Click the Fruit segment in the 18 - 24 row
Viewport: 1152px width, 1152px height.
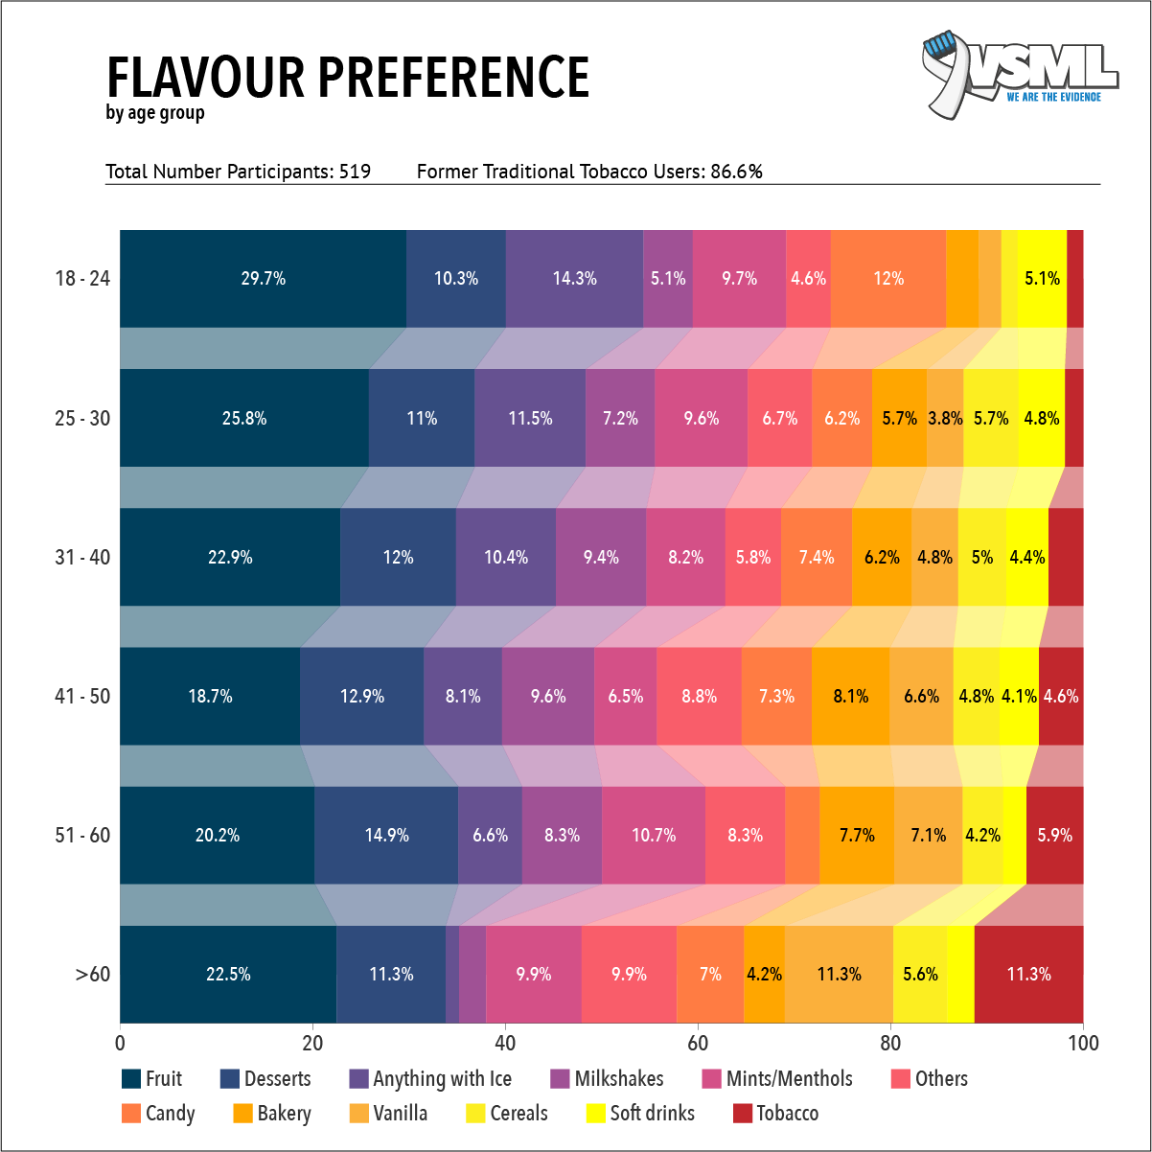pos(263,279)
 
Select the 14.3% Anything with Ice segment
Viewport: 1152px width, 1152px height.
pos(574,279)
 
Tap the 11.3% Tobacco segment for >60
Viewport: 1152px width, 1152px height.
pos(1028,975)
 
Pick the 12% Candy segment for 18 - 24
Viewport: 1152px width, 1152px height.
pos(887,279)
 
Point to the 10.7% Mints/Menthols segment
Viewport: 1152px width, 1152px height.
pos(654,836)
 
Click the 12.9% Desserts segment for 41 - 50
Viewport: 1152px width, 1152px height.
pos(361,697)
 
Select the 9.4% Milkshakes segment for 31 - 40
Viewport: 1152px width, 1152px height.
pos(601,558)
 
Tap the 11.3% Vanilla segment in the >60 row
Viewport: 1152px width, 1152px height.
pos(839,975)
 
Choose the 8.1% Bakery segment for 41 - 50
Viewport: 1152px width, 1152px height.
pos(850,697)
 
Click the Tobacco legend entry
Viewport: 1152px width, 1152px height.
pos(787,1114)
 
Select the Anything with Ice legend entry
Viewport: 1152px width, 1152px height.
pos(442,1079)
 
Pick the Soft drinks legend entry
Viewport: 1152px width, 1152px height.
pos(652,1114)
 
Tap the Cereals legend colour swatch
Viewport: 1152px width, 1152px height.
pos(475,1114)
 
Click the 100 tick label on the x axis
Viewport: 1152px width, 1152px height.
pos(1083,1043)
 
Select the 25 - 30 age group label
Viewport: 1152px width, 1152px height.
pos(82,419)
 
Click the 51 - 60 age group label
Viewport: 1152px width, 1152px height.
pos(82,836)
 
